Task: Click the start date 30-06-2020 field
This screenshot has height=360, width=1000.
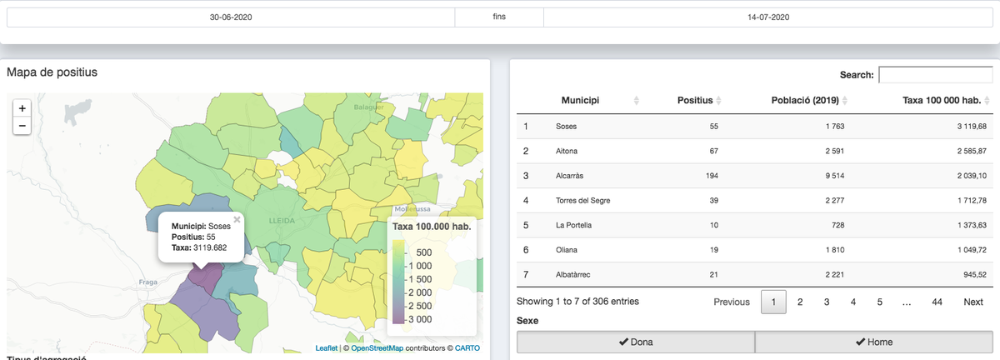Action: [x=231, y=17]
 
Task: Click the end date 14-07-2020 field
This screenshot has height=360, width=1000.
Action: [x=767, y=17]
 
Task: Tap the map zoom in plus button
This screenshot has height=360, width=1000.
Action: [x=22, y=108]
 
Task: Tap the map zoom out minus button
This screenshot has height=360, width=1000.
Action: [x=22, y=126]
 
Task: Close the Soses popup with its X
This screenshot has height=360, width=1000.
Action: [x=237, y=219]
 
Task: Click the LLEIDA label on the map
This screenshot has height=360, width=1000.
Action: [x=282, y=221]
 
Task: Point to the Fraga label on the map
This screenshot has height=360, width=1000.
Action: [x=147, y=282]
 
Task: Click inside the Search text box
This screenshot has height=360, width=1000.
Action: [x=935, y=75]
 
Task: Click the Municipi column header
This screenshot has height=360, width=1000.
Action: [x=580, y=101]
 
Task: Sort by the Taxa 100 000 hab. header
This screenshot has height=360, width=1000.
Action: [x=942, y=101]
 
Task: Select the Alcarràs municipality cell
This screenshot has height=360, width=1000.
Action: [x=569, y=176]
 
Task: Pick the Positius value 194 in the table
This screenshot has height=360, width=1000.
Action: [x=712, y=176]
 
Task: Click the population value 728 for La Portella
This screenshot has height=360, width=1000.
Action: [x=837, y=225]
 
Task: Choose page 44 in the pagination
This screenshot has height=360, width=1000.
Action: [x=937, y=302]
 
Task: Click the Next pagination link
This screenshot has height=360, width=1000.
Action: [x=972, y=302]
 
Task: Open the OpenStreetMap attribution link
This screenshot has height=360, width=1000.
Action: [x=377, y=348]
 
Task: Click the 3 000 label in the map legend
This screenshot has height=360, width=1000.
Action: [x=420, y=319]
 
